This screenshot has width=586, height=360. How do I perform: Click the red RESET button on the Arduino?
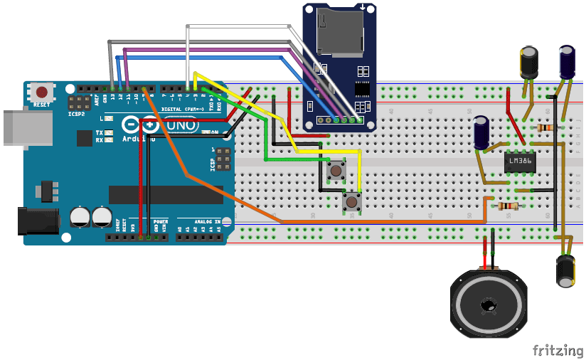click(43, 92)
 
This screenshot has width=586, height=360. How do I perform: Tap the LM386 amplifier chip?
click(521, 161)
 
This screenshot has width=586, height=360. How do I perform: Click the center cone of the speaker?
click(489, 305)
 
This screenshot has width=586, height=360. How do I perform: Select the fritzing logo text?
click(558, 349)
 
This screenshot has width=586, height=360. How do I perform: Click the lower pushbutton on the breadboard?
click(351, 201)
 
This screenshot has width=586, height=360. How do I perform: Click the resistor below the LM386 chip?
click(507, 206)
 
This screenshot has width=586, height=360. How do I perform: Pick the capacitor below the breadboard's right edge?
click(566, 271)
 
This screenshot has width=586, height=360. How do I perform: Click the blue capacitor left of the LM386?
click(481, 133)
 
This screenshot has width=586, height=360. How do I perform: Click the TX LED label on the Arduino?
click(100, 133)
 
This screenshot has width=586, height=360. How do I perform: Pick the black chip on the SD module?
click(363, 89)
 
